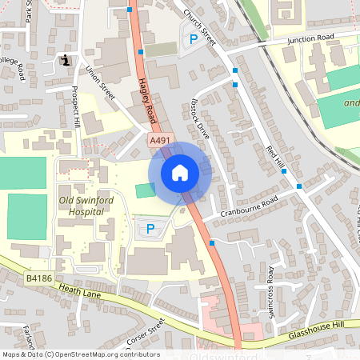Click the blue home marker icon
click(x=180, y=173)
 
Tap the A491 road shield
click(x=161, y=140)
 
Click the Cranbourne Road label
click(x=250, y=206)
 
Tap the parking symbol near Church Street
click(x=192, y=39)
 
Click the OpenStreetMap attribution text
click(x=80, y=354)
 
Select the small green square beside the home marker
click(x=144, y=190)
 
